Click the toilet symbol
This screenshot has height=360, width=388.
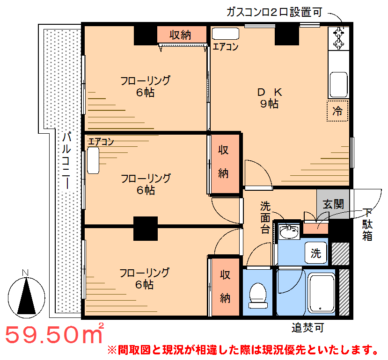point(258,295)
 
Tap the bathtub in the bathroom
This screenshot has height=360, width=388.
point(321,293)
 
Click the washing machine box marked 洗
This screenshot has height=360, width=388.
point(316,252)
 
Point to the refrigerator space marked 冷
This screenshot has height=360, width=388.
point(337,111)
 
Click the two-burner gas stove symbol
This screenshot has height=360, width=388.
point(338,38)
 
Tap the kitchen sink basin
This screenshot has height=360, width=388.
point(338,85)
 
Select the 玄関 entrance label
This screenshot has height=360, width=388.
point(333,204)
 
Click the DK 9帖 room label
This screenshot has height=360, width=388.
point(270,98)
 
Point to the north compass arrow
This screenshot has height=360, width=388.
point(27,296)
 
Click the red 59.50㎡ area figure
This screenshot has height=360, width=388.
point(54,334)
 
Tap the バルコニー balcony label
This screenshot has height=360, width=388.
point(66,161)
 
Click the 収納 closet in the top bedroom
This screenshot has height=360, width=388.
point(182,35)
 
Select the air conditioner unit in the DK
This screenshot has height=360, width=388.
point(226,34)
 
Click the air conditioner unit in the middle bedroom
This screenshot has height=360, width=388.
point(93,160)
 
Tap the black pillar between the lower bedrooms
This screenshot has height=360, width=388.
point(146,229)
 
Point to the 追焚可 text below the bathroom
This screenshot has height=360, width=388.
point(307,328)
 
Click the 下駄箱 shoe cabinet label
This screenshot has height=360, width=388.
point(367,224)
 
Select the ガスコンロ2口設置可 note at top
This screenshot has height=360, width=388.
point(274,12)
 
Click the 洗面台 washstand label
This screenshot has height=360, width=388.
point(265,217)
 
